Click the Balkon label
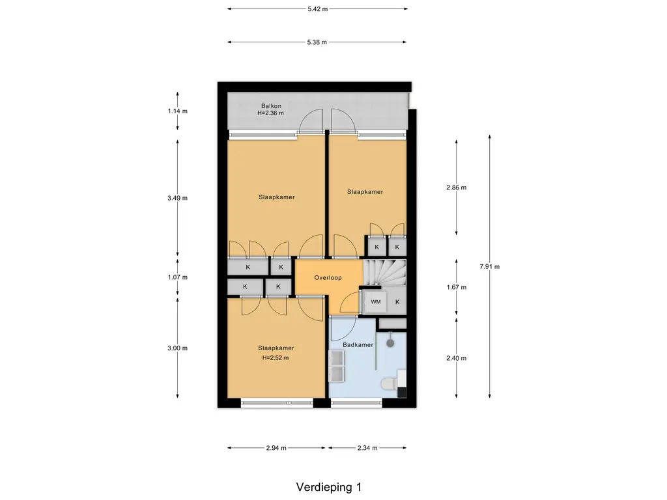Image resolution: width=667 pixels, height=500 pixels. click(x=271, y=106)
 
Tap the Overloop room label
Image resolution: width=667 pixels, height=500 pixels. click(x=328, y=277)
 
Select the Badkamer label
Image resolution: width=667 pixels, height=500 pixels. click(x=358, y=345)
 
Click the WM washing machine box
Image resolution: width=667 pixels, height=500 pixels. click(x=376, y=302)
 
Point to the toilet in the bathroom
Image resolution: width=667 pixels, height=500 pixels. click(x=388, y=385)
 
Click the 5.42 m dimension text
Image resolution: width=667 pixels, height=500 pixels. click(x=318, y=9)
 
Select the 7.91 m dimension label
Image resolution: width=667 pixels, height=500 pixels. click(x=490, y=266)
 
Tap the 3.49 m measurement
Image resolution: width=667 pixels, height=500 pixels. click(x=177, y=198)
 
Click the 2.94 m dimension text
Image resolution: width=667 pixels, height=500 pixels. click(x=276, y=448)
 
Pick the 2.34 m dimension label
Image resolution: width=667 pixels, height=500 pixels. click(x=367, y=448)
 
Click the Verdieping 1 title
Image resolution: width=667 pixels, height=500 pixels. click(x=329, y=487)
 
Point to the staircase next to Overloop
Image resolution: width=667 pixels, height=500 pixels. click(x=384, y=273)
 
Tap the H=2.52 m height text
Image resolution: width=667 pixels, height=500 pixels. click(x=276, y=357)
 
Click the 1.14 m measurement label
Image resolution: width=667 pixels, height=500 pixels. click(x=177, y=111)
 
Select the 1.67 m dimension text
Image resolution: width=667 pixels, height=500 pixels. click(x=457, y=287)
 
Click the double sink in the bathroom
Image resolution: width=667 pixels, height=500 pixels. click(x=337, y=366)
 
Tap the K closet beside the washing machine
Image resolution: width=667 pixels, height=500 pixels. click(x=397, y=302)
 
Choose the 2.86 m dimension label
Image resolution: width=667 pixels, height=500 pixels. click(x=457, y=187)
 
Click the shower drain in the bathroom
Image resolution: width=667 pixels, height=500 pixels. click(x=390, y=342)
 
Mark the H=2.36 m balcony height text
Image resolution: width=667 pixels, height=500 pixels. click(x=270, y=113)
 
